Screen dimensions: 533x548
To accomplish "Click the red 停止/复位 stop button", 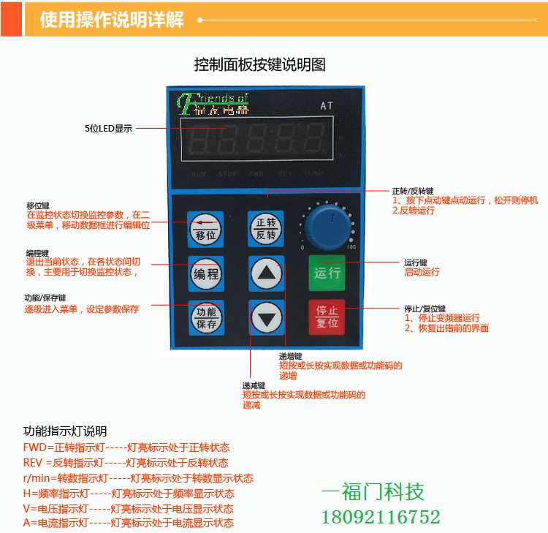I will (327, 317).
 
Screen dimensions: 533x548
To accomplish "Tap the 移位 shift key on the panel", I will (205, 229).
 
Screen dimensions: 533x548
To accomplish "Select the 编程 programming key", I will (205, 274).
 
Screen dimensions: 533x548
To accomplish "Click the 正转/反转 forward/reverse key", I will (266, 229).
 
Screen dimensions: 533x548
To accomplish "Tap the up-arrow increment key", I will (266, 274).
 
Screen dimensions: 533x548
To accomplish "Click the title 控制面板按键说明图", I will (259, 64).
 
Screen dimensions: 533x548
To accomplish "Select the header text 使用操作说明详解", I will (112, 20).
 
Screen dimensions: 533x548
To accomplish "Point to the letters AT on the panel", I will (327, 106).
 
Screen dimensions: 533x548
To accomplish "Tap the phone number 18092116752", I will (381, 518).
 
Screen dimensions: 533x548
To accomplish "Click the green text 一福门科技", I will (373, 491).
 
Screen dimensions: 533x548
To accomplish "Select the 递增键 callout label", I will (290, 356).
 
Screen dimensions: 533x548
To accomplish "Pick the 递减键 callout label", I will (254, 385).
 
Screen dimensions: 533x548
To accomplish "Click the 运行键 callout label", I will (416, 262).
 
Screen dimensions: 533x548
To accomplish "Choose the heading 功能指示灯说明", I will (65, 431).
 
